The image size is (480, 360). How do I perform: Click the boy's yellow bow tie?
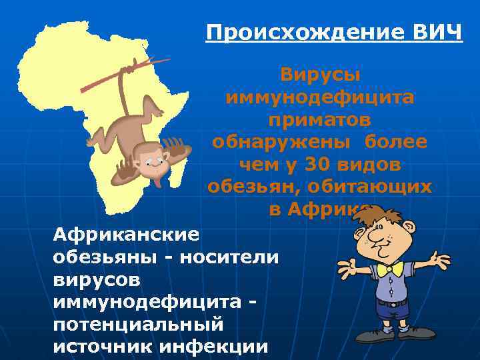coord(389,269)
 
